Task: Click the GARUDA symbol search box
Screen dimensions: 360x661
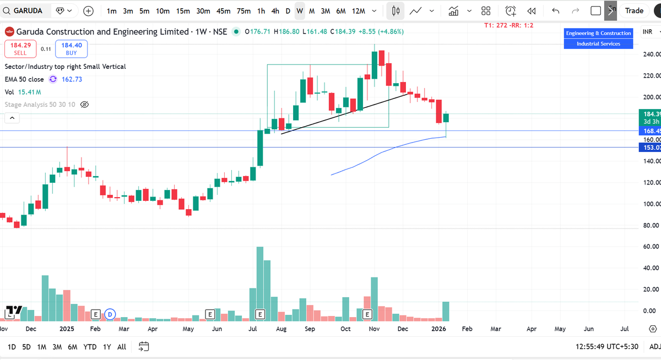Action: click(28, 10)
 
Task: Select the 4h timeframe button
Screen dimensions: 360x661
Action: click(275, 10)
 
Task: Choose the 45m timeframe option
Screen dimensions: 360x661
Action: click(223, 10)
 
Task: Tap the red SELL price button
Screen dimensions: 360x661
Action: click(20, 49)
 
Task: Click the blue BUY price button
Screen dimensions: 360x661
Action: click(71, 49)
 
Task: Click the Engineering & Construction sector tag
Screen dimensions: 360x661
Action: click(598, 34)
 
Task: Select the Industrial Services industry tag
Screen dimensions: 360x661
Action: click(598, 43)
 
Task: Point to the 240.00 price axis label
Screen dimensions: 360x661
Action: click(648, 54)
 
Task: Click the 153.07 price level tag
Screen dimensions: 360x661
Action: click(648, 148)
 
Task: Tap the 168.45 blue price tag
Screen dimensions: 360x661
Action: click(648, 131)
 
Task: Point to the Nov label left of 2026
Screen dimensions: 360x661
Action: click(374, 329)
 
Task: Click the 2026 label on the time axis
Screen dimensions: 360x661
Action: click(438, 329)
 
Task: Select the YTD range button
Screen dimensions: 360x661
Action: click(90, 347)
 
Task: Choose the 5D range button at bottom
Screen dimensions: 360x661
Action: click(26, 347)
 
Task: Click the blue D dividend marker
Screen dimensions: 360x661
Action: click(110, 314)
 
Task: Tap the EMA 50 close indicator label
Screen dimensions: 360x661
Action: click(24, 79)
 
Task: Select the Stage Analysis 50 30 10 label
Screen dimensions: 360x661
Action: click(40, 104)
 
